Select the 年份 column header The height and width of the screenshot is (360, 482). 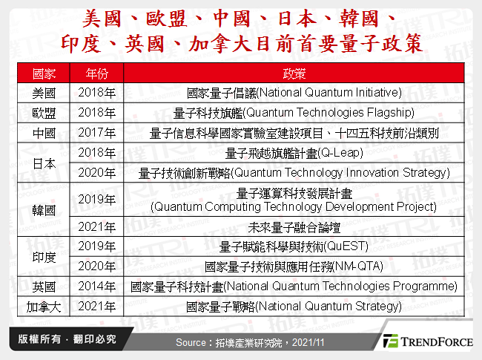pos(96,74)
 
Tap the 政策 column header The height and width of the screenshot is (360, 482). pos(294,74)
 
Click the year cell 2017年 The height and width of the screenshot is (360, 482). pos(96,134)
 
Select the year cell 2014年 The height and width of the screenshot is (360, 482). pos(96,286)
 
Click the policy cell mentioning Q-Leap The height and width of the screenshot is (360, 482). pos(294,154)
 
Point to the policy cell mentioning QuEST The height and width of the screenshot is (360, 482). pos(294,246)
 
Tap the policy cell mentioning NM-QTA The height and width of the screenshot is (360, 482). pos(294,266)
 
